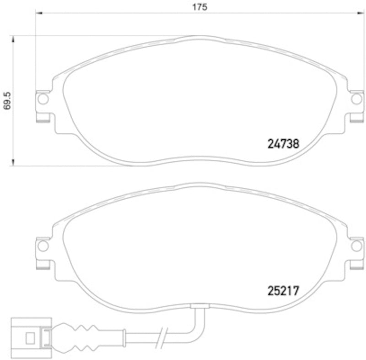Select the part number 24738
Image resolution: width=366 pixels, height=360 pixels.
point(283,143)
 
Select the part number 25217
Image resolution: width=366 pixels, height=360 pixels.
point(283,290)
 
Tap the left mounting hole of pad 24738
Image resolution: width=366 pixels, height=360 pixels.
point(43,99)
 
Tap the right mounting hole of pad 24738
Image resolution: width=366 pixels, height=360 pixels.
point(355,99)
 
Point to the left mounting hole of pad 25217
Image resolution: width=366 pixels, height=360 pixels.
point(43,246)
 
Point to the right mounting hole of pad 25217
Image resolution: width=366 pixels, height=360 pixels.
point(355,246)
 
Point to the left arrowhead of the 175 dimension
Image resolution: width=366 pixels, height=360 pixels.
point(38,14)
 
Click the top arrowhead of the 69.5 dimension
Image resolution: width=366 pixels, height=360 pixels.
point(14,38)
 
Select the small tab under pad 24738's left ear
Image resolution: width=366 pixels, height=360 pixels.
point(43,120)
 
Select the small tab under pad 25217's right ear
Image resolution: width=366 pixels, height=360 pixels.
point(355,267)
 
